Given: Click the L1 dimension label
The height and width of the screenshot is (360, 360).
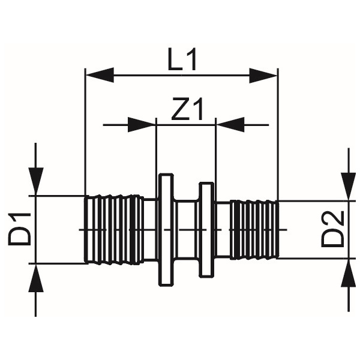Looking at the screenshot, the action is [x=182, y=59].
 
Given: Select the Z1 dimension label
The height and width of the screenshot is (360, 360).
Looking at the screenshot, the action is [x=187, y=109].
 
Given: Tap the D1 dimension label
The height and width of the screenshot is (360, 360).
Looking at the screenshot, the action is [x=20, y=229].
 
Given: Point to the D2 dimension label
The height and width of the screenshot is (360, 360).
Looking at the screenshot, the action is [x=332, y=229].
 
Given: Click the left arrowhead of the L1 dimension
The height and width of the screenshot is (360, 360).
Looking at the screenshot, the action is [x=100, y=75].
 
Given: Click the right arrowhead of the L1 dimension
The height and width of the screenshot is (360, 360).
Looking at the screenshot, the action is [x=263, y=76].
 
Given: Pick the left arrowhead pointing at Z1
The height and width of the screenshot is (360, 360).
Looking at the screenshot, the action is [x=142, y=125].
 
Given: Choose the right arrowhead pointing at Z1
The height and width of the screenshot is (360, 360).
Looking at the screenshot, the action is [x=230, y=125].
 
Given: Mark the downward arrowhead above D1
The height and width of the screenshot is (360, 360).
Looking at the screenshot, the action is [x=36, y=182].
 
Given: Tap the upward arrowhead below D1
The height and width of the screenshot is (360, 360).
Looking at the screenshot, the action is [x=36, y=278].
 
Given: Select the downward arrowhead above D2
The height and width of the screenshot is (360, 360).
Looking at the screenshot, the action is [x=349, y=187].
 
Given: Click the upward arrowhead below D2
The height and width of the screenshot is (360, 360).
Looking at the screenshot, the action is [x=349, y=273].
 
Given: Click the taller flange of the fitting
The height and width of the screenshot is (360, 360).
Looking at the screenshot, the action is [x=166, y=230].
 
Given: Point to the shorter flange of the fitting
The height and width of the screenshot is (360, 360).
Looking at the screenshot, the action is [x=206, y=230].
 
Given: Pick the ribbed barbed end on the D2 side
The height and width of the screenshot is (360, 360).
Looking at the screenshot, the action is [x=255, y=230].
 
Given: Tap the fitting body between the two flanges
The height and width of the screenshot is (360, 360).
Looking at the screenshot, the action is [x=186, y=230].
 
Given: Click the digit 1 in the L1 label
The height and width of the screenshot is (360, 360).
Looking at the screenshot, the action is [x=191, y=59].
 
